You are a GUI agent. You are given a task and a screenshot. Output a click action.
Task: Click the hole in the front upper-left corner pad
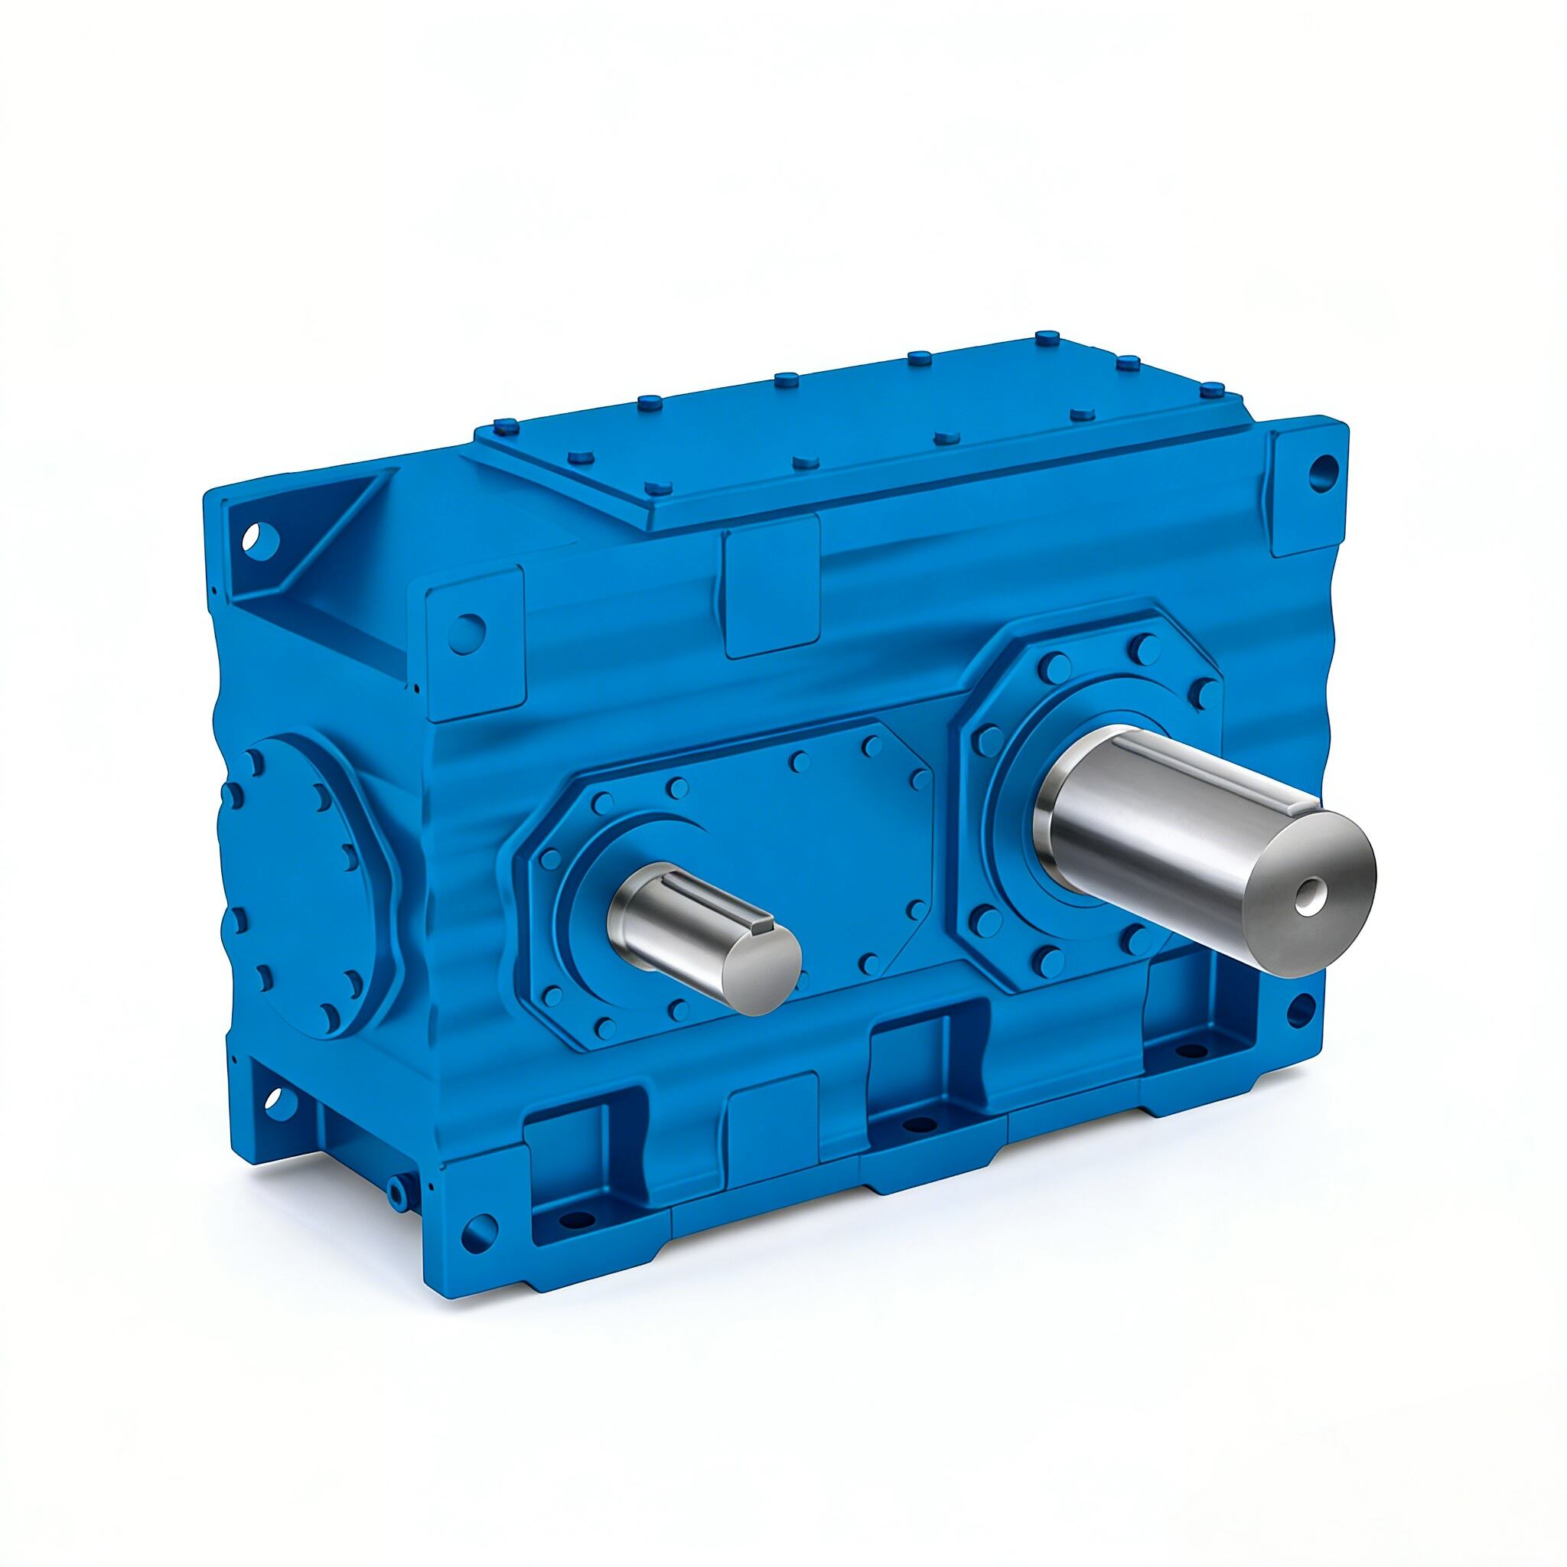click(469, 630)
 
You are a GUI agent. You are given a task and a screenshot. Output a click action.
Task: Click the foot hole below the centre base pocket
click(917, 1123)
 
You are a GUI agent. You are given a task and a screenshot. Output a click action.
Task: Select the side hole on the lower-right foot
click(1298, 1011)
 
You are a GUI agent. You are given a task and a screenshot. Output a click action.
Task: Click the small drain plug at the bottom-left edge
click(396, 1188)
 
